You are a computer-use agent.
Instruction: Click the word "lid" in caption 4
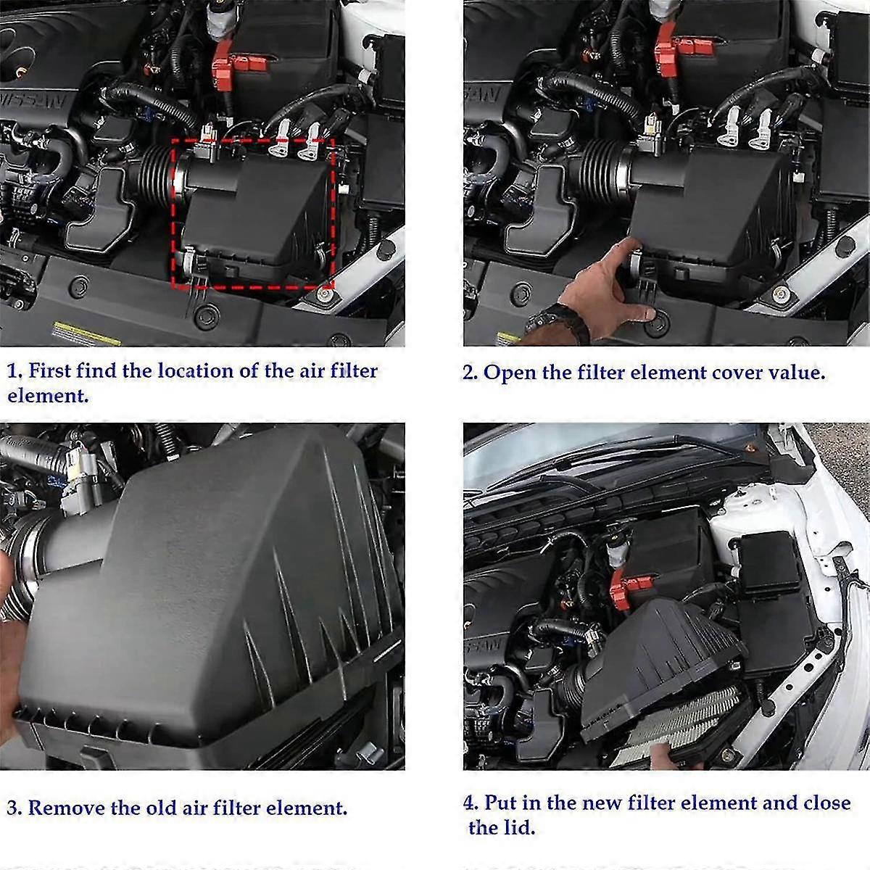coord(519,827)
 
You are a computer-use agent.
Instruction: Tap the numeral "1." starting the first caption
coord(14,372)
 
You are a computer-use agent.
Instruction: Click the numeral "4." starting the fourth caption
coord(471,803)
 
